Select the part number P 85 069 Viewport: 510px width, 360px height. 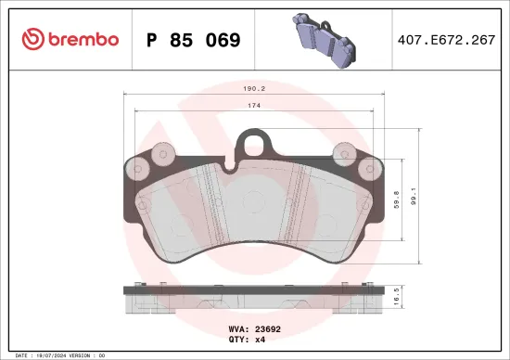coord(194,40)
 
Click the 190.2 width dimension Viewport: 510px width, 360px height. coord(254,90)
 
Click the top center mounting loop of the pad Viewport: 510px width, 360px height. coord(254,141)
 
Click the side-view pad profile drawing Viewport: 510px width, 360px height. coord(254,299)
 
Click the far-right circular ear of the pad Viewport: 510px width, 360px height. coord(374,169)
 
